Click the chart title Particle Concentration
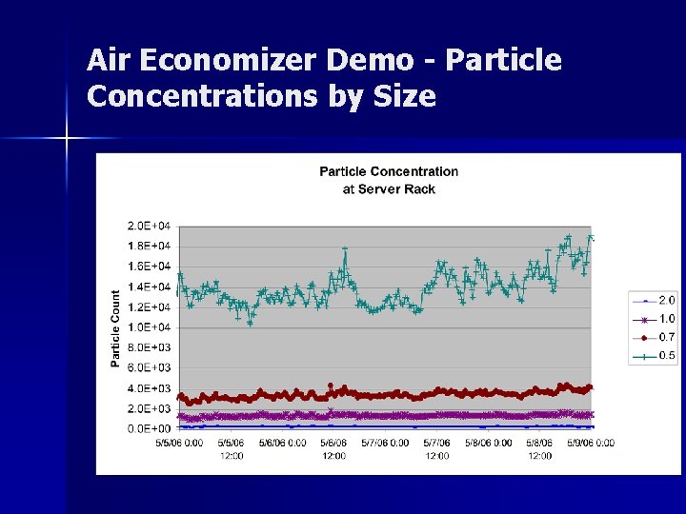coord(389,171)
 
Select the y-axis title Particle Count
coord(116,328)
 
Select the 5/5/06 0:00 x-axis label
coord(179,443)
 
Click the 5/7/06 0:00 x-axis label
coord(385,443)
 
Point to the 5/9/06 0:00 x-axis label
coord(590,443)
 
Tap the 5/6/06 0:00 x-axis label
coord(282,443)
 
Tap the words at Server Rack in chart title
coord(389,188)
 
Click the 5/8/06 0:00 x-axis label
coord(488,443)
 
